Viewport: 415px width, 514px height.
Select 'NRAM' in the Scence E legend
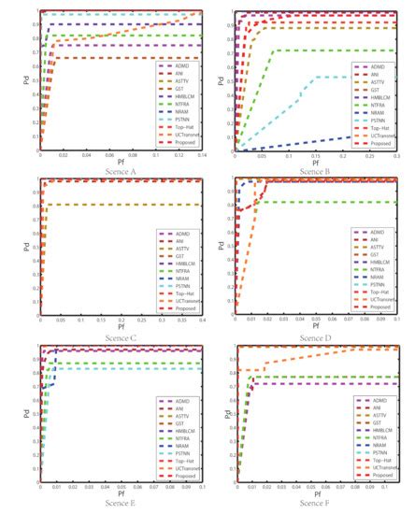pyautogui.click(x=180, y=448)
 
